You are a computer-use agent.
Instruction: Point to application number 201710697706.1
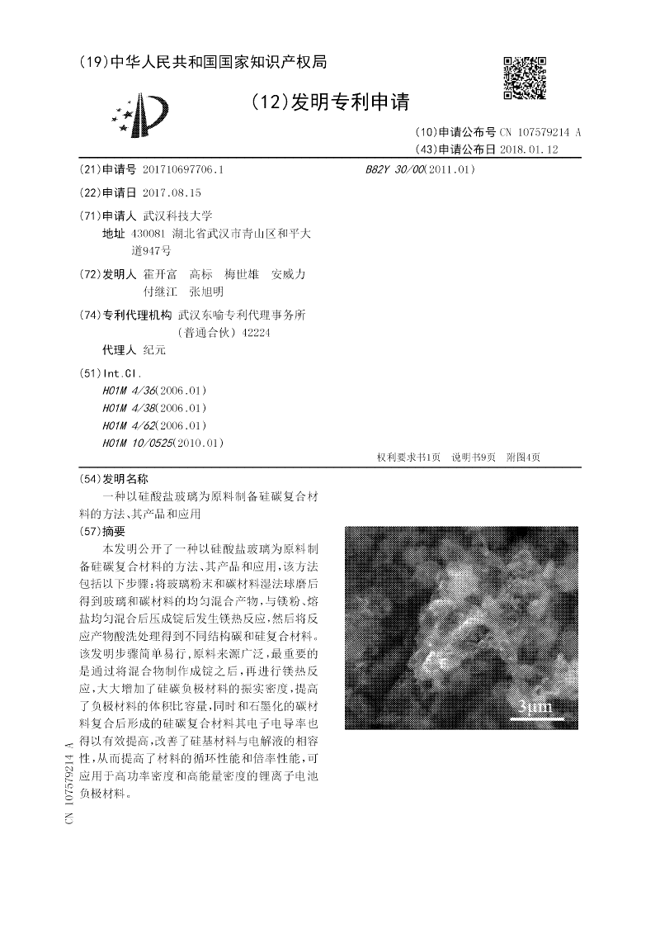click(x=183, y=169)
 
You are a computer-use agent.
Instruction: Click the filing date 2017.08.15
click(x=172, y=192)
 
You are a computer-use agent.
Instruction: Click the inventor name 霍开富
click(x=160, y=274)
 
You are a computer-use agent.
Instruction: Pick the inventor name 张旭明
click(x=206, y=292)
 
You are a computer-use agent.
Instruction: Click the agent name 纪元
click(x=154, y=350)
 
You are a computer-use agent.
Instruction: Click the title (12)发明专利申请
click(x=330, y=102)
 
